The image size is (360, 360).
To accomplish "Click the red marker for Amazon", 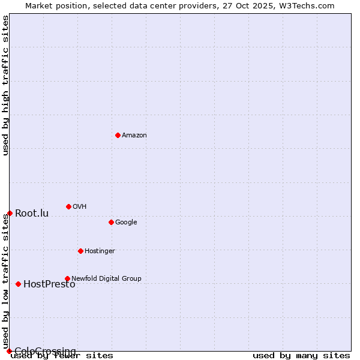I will (118, 135).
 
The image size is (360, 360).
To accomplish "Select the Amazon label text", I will (134, 136).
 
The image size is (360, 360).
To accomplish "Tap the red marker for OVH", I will (68, 206).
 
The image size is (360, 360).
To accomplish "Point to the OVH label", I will (79, 207).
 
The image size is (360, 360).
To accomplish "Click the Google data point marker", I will (111, 222).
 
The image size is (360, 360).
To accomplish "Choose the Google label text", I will (126, 223).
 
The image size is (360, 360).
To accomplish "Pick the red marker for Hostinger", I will (80, 251).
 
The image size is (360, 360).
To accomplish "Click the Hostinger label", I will (100, 251).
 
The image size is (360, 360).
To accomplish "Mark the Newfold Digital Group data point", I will (67, 278).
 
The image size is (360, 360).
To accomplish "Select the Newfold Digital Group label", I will (106, 278).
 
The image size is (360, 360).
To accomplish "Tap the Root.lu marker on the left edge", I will (10, 213).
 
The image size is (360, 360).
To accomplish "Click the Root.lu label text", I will (32, 214).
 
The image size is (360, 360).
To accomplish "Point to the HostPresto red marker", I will (18, 284).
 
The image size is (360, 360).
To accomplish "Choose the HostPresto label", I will (49, 284).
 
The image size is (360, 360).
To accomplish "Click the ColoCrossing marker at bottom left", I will (9, 351).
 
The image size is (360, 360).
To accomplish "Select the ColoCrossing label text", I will (45, 351).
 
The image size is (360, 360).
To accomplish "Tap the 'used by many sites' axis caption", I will (301, 356).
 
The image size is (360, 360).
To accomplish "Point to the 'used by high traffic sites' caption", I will (6, 85).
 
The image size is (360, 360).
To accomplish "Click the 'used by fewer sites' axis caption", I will (62, 356).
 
